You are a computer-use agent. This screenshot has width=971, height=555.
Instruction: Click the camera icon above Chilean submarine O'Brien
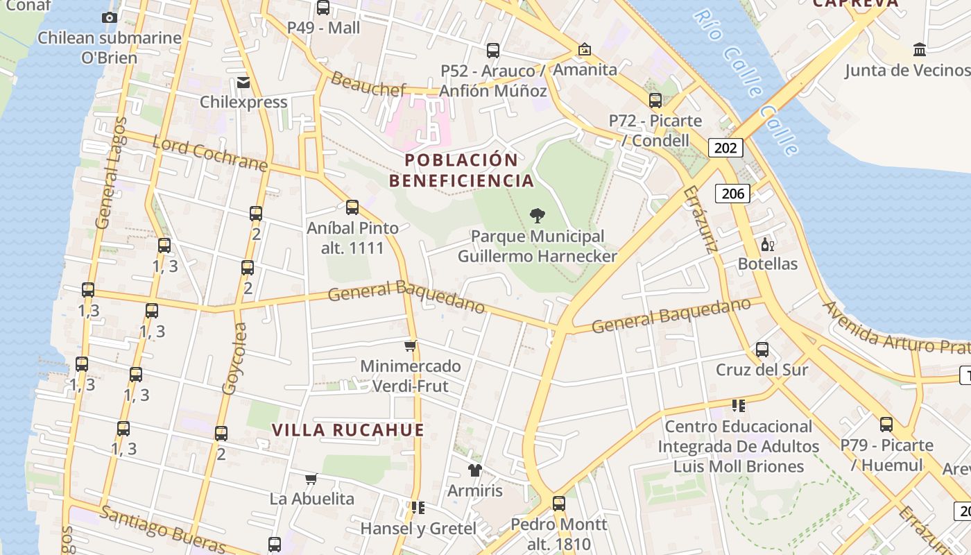coord(109,17)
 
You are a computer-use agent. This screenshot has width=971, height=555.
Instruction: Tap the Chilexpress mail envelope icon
coord(243,83)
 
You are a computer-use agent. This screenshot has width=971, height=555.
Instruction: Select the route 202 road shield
coord(725,147)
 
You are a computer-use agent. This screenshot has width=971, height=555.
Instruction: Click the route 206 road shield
coord(732,193)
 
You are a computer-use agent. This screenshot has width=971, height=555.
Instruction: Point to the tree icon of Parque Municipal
coord(537,216)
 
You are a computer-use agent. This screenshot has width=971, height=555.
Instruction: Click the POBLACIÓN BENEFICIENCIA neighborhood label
coord(461,171)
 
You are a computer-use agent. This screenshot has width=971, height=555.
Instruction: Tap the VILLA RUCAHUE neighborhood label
coord(347,430)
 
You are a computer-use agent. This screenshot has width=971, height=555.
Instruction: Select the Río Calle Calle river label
coord(746,80)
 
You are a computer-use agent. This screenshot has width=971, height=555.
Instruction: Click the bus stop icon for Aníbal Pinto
coord(352,207)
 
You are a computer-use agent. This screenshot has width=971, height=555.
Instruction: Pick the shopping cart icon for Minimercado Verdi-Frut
coord(410,345)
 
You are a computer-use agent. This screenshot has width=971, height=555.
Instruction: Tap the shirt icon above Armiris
coord(474,470)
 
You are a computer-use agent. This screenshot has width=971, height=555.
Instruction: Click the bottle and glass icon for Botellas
coord(767,244)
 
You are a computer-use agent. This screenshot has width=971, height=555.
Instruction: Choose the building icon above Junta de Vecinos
coord(920,49)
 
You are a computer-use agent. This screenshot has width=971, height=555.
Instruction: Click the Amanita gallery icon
coord(585,49)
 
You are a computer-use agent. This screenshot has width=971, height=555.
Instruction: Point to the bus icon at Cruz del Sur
coord(762,350)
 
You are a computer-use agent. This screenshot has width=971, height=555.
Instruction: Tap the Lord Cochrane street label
coord(209,154)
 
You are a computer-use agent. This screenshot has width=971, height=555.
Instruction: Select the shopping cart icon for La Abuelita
coord(311,479)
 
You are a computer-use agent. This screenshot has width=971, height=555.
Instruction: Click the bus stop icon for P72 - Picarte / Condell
coord(655,101)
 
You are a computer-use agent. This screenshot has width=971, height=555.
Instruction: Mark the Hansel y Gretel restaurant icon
coord(418,508)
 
